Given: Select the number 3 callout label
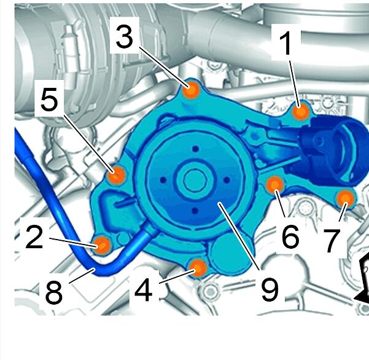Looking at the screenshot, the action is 125,37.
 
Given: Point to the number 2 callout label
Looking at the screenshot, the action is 34,237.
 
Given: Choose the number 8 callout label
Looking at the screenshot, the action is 54,292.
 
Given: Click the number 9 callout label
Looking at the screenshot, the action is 270,289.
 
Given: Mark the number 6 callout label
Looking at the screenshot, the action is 290,237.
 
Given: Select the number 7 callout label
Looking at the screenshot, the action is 332,241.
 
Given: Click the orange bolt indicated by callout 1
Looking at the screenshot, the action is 300,112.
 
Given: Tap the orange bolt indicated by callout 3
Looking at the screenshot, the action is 192,90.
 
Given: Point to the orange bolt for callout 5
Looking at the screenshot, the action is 116,175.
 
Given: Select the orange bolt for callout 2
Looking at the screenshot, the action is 102,245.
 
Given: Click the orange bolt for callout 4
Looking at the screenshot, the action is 198,268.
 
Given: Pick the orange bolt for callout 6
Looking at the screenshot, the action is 275,185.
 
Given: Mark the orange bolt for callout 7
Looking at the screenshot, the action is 345,198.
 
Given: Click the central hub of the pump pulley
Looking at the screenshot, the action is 195,181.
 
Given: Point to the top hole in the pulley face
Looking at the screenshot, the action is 195,149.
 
